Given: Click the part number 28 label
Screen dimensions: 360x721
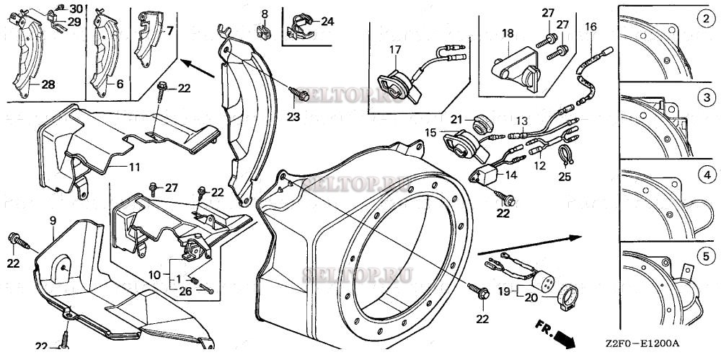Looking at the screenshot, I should [x=48, y=84].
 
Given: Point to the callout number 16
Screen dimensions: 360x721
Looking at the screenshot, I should [x=590, y=27].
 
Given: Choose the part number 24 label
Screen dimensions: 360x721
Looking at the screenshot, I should [x=327, y=22].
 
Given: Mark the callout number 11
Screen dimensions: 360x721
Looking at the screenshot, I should [x=134, y=167].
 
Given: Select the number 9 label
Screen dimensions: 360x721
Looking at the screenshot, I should [x=53, y=219].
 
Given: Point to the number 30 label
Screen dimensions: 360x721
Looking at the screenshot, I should [x=76, y=8].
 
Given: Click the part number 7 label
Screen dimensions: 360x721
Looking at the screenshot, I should [x=170, y=31].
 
